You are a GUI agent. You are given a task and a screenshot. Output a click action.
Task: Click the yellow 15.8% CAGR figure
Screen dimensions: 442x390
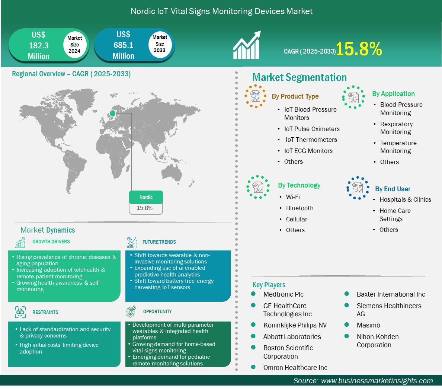pos(359,49)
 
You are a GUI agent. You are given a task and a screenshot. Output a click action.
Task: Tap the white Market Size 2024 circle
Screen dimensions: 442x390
pos(74,45)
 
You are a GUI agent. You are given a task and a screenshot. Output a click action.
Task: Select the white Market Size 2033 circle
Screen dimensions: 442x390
pos(160,44)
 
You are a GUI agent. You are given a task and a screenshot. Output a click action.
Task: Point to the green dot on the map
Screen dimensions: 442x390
pos(112,114)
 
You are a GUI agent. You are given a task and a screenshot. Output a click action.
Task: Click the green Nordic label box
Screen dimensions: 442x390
pos(146,197)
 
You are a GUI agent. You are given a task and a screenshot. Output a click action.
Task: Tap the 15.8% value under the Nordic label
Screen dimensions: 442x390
pos(145,208)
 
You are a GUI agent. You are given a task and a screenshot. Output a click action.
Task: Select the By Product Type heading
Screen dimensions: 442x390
pos(295,96)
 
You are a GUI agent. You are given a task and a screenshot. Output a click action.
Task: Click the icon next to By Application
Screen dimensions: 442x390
pos(353,97)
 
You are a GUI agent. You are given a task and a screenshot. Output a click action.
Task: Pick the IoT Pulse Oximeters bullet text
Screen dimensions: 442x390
pos(312,129)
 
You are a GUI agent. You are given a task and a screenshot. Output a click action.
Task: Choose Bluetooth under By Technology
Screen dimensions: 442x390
pos(300,208)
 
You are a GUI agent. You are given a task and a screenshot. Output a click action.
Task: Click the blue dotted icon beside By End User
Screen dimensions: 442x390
pos(358,188)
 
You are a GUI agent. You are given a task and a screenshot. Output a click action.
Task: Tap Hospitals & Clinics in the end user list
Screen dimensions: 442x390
pos(405,200)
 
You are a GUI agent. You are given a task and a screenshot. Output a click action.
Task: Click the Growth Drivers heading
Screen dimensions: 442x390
pos(51,242)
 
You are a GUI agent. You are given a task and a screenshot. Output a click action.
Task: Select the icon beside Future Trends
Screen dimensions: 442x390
pos(132,243)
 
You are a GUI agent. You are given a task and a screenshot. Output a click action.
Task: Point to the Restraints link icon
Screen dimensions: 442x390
pos(20,312)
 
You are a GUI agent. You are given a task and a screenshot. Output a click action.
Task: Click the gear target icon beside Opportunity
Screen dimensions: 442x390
pos(131,311)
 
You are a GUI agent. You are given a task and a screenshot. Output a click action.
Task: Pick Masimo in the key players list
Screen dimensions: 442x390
pos(368,325)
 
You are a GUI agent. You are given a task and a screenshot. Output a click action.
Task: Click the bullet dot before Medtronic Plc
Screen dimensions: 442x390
pos(253,294)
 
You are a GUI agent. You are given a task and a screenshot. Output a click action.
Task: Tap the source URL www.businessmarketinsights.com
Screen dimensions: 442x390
pos(377,381)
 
